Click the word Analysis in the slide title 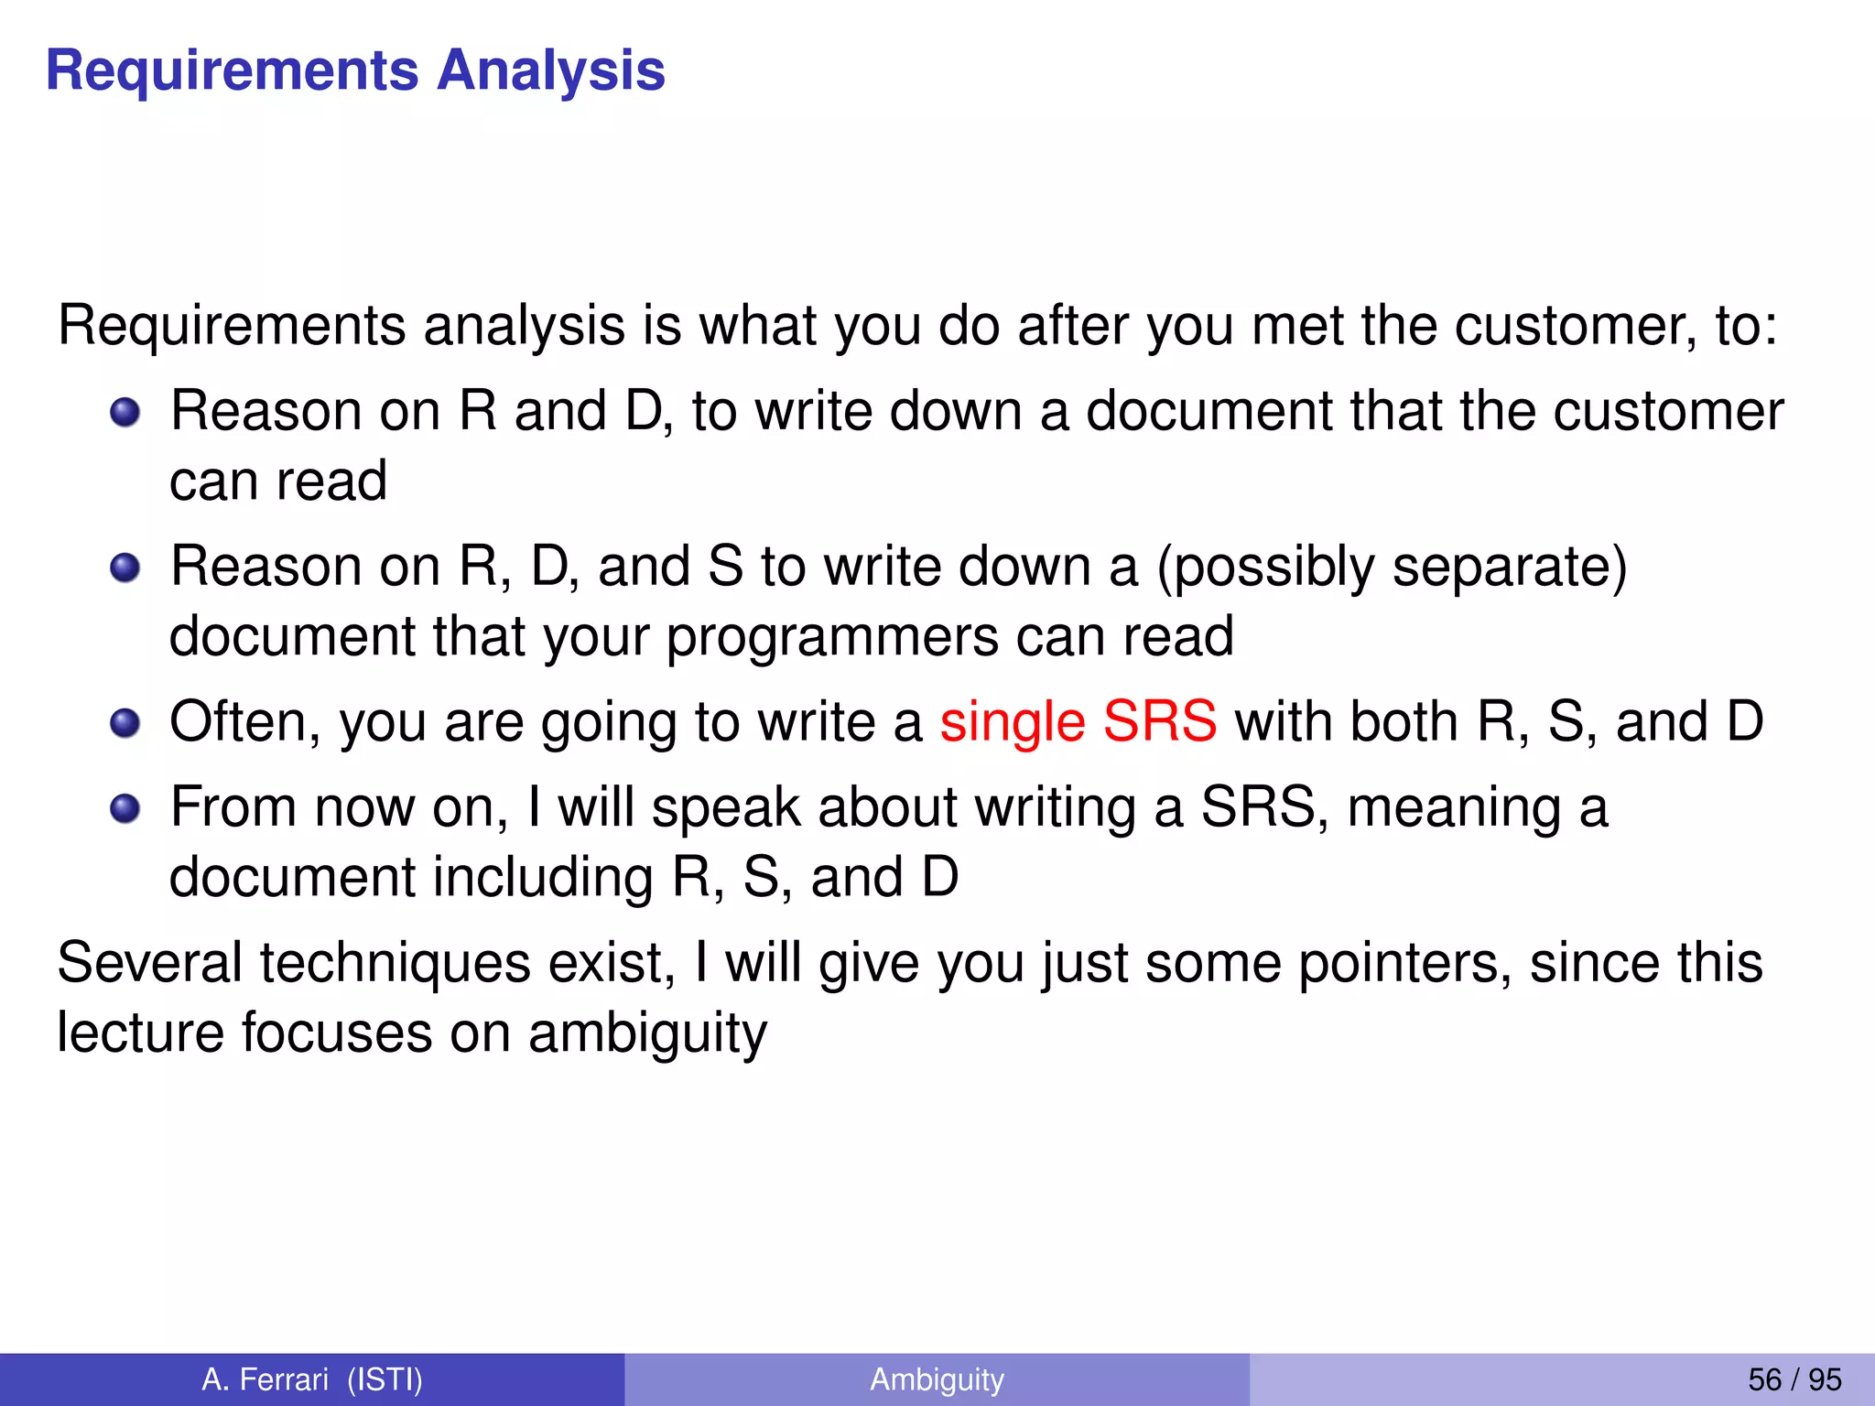tap(550, 71)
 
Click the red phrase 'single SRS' tap(1078, 721)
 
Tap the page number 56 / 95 tap(1794, 1379)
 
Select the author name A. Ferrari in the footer tap(265, 1379)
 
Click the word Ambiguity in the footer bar tap(937, 1379)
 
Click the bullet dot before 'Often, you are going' tap(125, 724)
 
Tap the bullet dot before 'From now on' tap(125, 809)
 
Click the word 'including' tap(543, 878)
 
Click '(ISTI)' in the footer tap(385, 1379)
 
